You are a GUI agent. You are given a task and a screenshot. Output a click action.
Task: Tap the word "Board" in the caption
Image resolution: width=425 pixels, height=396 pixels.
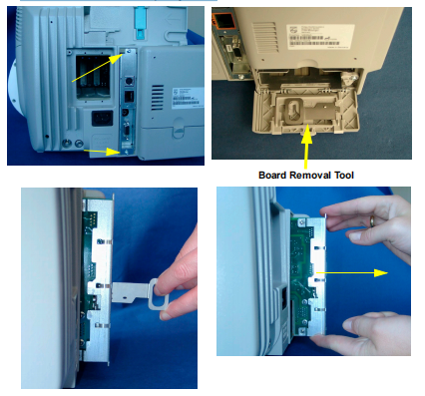click(272, 176)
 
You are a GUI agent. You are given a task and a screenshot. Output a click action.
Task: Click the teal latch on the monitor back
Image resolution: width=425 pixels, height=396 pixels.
click(140, 20)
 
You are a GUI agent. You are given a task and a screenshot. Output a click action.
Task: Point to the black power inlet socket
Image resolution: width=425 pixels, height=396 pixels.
click(102, 119)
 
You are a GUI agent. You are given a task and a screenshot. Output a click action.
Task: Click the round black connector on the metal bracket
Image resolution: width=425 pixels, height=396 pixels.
click(129, 81)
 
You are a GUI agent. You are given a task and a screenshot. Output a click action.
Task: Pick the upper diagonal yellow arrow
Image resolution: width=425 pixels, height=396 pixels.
click(98, 68)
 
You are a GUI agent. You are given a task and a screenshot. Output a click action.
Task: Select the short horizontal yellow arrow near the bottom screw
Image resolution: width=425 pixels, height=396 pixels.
click(101, 152)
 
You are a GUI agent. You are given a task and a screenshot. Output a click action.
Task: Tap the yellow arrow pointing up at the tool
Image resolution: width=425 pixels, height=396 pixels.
click(306, 149)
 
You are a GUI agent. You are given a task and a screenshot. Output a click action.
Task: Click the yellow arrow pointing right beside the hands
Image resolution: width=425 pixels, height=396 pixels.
click(352, 273)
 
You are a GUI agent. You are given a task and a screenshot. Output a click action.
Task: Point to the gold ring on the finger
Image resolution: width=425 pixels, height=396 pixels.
click(373, 221)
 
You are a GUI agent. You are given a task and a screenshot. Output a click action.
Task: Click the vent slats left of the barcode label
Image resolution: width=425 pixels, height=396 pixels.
click(265, 37)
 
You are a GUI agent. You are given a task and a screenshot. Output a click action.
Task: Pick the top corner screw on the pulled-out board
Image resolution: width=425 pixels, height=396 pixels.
click(301, 221)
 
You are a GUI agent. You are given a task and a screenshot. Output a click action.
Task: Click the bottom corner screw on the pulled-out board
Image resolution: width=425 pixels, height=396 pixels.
click(302, 330)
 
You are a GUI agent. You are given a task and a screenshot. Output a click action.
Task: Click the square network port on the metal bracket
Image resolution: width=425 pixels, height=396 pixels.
click(129, 97)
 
